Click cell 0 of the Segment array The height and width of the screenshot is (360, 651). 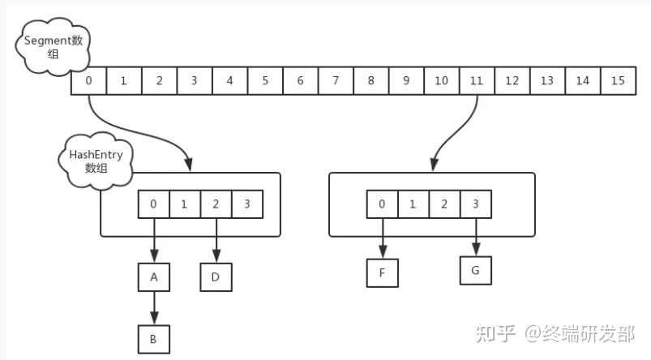click(x=89, y=80)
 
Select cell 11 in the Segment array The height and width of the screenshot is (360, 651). click(x=477, y=80)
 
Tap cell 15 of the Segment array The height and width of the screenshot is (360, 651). click(x=619, y=80)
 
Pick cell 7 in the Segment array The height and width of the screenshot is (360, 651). click(x=336, y=80)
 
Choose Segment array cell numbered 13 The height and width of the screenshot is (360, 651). click(x=547, y=80)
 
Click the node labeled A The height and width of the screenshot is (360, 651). click(x=153, y=277)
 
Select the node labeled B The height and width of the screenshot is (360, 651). click(x=153, y=339)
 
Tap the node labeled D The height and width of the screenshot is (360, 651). click(x=216, y=277)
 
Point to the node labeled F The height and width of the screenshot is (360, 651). click(x=383, y=272)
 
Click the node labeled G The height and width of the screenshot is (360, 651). click(x=476, y=270)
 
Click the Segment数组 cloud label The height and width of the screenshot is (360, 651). click(x=54, y=47)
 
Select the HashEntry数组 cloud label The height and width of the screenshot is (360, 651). click(x=96, y=161)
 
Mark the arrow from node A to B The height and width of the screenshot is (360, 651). click(x=154, y=308)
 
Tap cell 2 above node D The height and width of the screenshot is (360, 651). click(x=216, y=204)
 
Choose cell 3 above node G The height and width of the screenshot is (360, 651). click(x=476, y=204)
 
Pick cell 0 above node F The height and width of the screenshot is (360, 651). click(x=383, y=204)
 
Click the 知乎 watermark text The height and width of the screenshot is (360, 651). click(x=495, y=334)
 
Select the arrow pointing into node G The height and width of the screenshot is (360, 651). click(x=476, y=237)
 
